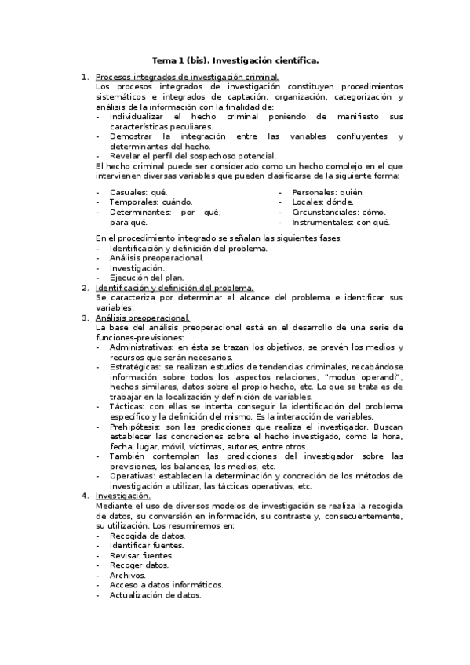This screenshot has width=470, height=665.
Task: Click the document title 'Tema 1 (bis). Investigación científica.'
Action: tap(235, 59)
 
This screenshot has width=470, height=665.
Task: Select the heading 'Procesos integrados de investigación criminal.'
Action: tap(187, 77)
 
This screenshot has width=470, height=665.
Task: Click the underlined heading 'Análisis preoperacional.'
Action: tap(142, 318)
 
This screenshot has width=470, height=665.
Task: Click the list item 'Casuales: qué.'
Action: tap(138, 192)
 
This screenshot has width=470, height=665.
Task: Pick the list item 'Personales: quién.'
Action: tap(328, 192)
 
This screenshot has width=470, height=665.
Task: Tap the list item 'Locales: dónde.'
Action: tap(323, 202)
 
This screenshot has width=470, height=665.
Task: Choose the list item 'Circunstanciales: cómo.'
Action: tap(339, 213)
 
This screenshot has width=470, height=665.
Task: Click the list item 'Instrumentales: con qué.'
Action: tap(341, 223)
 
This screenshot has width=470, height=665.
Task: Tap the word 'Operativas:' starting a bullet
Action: tap(133, 475)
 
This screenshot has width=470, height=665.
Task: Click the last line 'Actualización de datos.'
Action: tap(155, 594)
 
